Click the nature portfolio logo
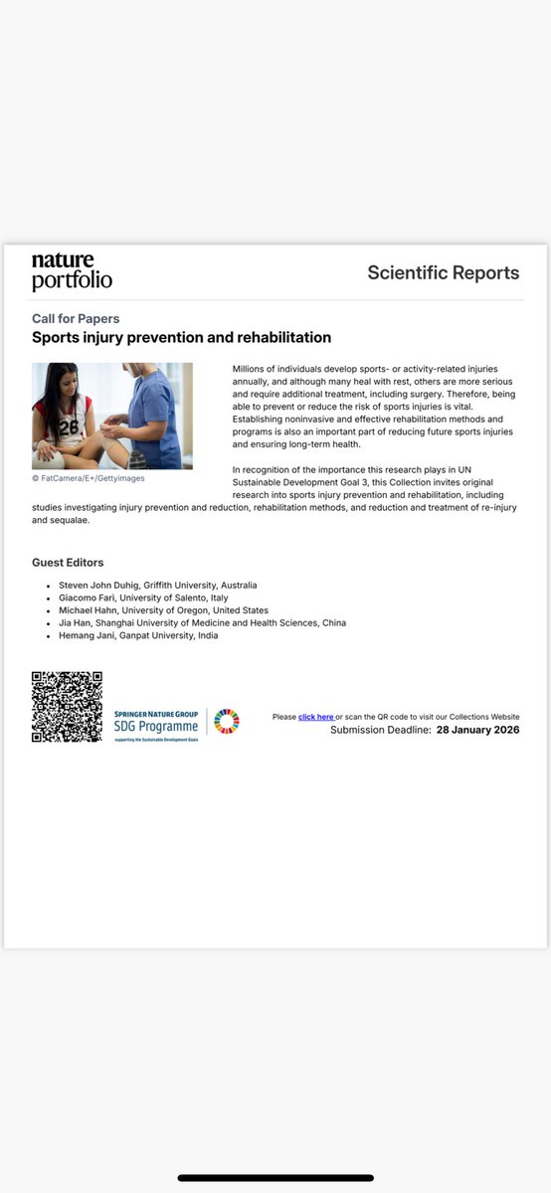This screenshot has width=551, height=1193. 72,271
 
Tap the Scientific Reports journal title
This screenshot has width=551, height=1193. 443,272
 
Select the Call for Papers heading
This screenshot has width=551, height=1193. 76,319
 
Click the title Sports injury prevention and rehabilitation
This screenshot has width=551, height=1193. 181,338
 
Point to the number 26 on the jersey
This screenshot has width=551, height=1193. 68,427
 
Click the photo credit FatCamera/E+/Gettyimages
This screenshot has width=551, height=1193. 88,478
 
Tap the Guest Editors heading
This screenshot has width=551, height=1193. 68,563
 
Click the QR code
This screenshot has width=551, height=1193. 67,708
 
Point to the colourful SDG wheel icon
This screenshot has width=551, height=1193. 227,721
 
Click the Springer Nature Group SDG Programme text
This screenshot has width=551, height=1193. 155,722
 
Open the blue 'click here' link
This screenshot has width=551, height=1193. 316,717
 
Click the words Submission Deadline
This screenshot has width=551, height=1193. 381,730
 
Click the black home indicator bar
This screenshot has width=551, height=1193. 275,1178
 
